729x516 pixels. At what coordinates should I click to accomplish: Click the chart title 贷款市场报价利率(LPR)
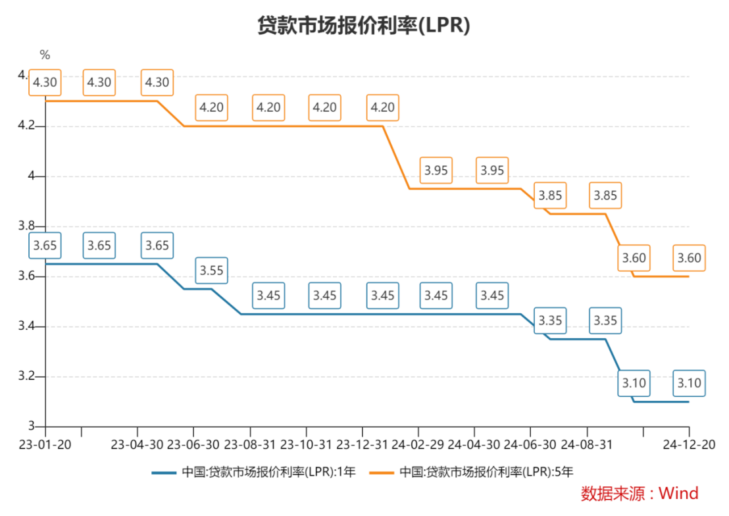tap(364, 25)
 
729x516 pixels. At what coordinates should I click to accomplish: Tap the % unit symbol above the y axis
tap(45, 55)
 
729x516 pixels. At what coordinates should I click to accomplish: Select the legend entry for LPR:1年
tap(253, 471)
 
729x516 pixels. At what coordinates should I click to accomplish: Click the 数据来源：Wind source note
tap(639, 493)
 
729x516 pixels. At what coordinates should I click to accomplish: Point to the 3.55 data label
tap(212, 271)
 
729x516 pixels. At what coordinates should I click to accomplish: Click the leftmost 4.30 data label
tap(45, 83)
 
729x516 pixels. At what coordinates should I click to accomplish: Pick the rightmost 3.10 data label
tap(689, 383)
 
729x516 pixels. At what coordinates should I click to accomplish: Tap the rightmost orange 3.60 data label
tap(689, 258)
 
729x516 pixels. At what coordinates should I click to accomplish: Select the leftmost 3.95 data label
tap(436, 170)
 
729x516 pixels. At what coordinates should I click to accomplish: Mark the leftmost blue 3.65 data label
tap(45, 246)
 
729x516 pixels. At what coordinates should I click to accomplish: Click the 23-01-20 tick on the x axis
tap(45, 444)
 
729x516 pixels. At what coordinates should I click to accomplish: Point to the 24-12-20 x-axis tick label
tap(689, 444)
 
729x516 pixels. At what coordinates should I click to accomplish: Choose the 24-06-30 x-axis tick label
tap(531, 444)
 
